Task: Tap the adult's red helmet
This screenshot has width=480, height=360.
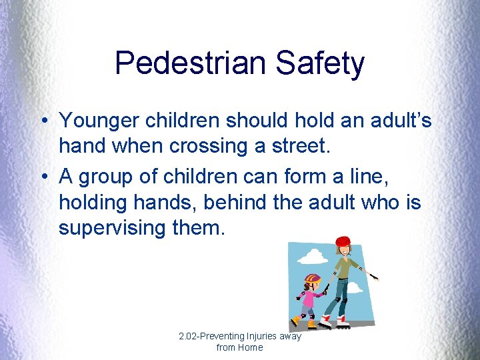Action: [342, 241]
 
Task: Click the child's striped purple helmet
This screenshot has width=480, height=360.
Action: [312, 278]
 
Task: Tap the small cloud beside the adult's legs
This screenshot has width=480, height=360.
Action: [355, 288]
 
